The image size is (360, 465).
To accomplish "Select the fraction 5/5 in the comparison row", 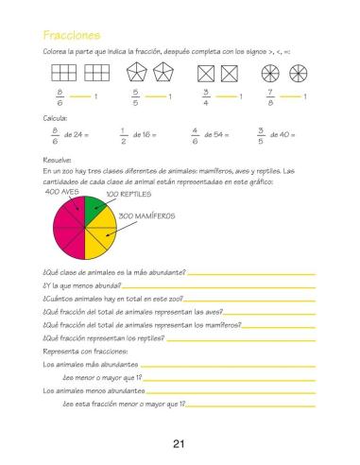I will [136, 96].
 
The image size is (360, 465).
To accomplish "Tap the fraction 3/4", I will [206, 96].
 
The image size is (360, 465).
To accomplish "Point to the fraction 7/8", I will [271, 96].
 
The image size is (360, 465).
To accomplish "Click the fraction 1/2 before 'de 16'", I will [124, 135].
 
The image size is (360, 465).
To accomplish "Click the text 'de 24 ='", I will [79, 135].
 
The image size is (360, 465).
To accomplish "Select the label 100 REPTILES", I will [128, 194].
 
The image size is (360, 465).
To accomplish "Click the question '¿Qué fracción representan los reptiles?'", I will [104, 337].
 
